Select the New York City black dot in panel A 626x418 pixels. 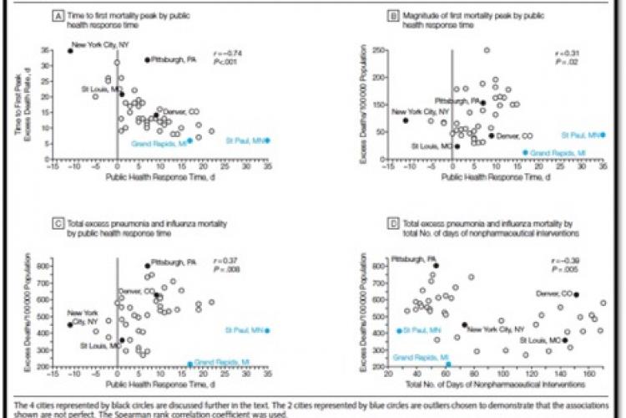click(69, 51)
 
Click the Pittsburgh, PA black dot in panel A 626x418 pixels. click(148, 60)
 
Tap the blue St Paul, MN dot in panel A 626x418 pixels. click(267, 140)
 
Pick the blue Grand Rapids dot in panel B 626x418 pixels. click(525, 153)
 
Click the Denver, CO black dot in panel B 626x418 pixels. click(492, 135)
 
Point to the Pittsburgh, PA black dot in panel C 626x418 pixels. click(148, 266)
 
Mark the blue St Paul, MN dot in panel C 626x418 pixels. click(267, 331)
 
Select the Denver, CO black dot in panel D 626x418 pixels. click(576, 295)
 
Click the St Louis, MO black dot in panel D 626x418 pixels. click(565, 340)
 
